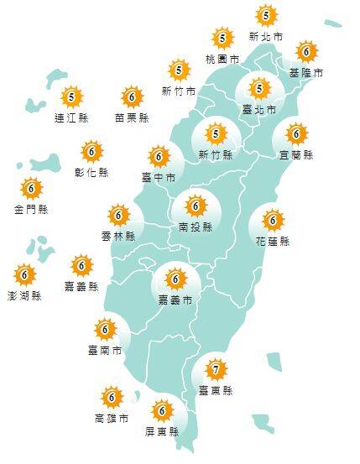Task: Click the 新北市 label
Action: (x=266, y=38)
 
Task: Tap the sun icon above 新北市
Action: (x=266, y=15)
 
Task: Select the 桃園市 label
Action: (x=222, y=60)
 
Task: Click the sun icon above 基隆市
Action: (x=305, y=51)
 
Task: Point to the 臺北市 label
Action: (x=258, y=109)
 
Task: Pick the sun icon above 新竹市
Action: (x=178, y=70)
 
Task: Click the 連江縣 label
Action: (x=71, y=118)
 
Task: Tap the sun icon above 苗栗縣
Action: (x=132, y=96)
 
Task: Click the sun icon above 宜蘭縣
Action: (x=295, y=133)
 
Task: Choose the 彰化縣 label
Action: (x=92, y=173)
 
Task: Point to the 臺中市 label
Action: (x=159, y=178)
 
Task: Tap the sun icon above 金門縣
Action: (x=31, y=187)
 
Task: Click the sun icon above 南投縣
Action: (x=196, y=205)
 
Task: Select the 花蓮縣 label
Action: (x=273, y=242)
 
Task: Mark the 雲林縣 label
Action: (x=117, y=237)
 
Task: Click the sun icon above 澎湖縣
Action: (x=24, y=274)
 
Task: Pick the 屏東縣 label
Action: (x=162, y=432)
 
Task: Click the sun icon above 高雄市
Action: (x=111, y=396)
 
